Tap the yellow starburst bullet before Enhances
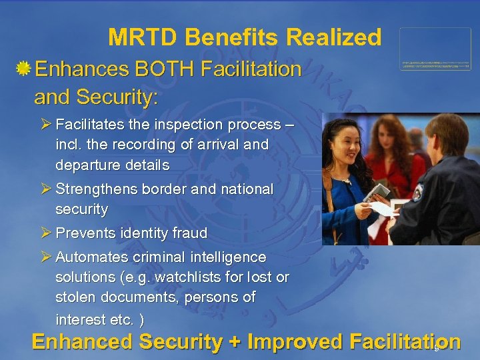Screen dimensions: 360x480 click(x=23, y=69)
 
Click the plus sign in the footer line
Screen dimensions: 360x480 click(x=234, y=342)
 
